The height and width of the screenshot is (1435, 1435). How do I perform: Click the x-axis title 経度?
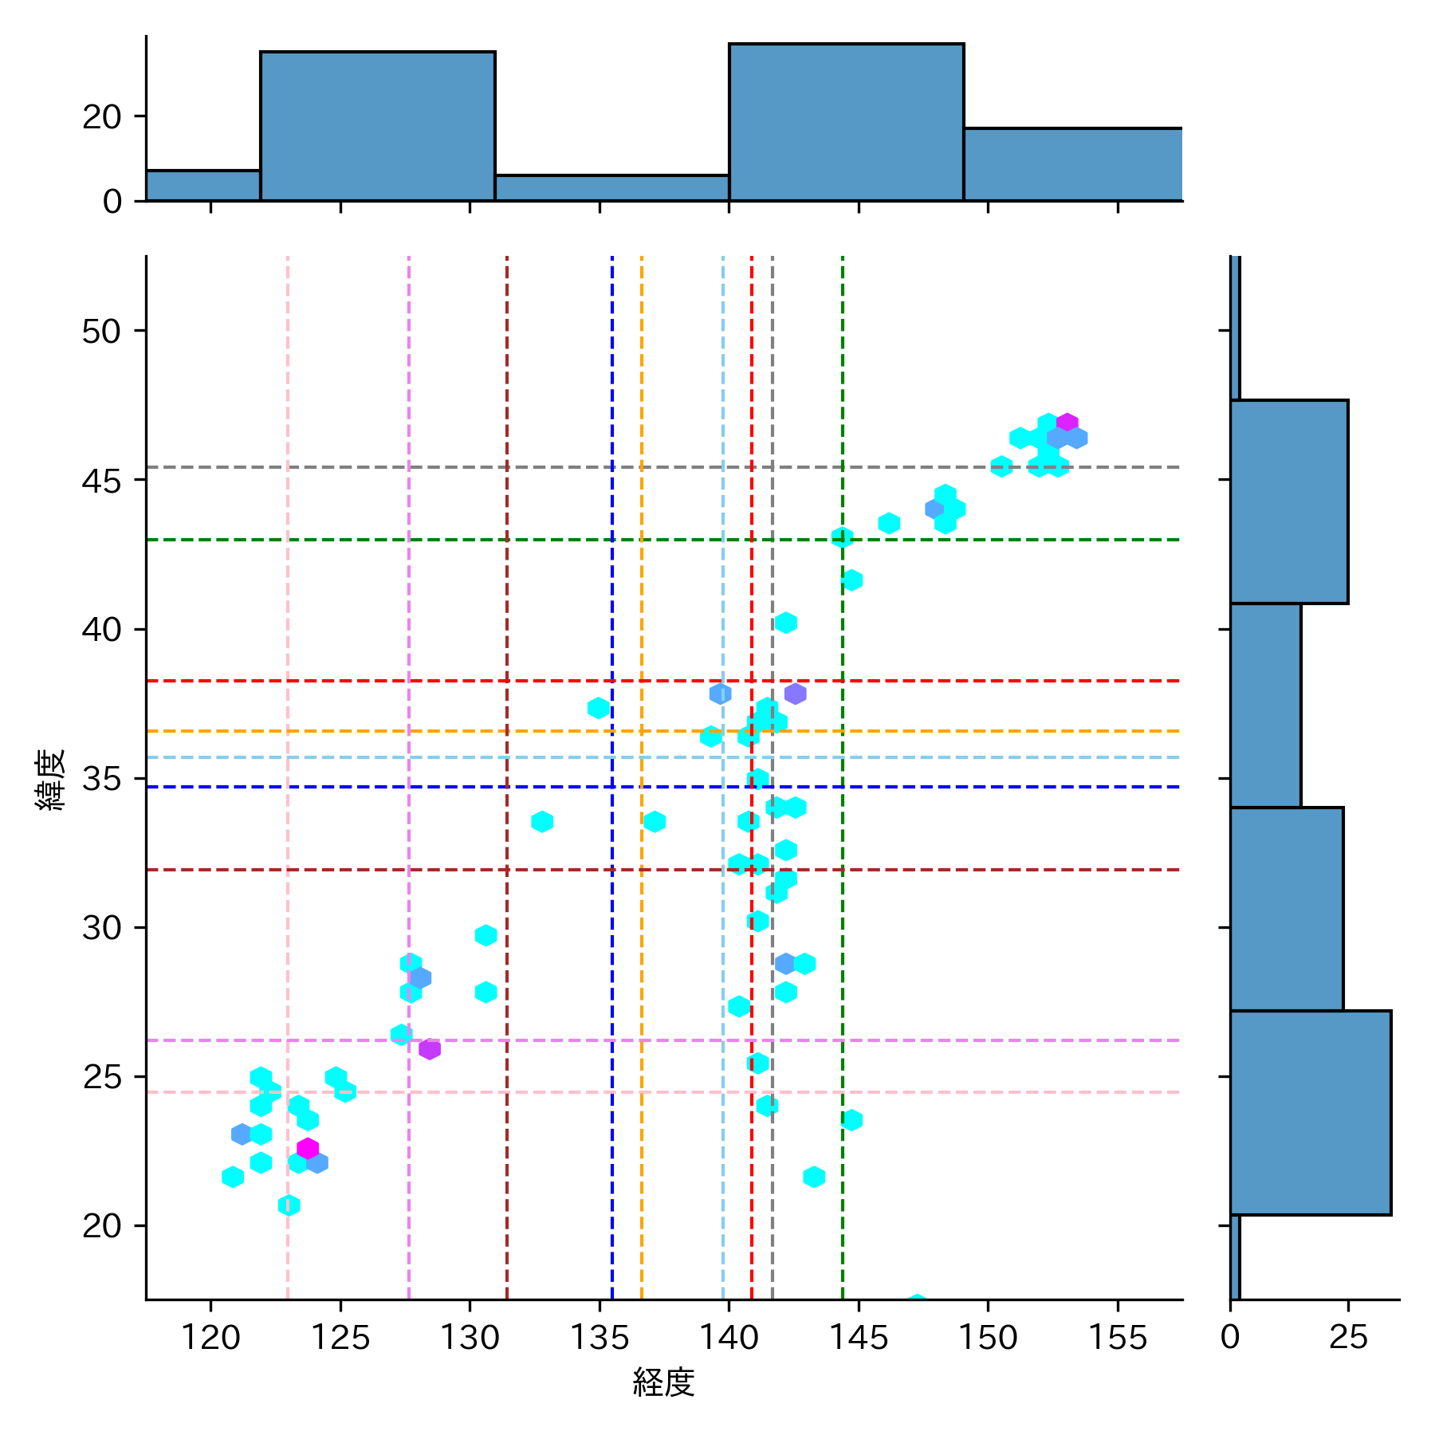(663, 1382)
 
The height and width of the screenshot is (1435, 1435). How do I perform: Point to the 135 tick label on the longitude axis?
(600, 1338)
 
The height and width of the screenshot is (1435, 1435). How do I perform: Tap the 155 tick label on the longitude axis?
(1118, 1338)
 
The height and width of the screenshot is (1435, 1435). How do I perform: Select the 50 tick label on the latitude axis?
(102, 331)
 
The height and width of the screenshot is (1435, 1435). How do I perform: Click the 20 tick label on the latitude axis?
(102, 1225)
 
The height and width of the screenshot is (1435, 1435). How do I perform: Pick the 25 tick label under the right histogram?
(1348, 1338)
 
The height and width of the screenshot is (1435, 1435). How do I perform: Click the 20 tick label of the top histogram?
(102, 117)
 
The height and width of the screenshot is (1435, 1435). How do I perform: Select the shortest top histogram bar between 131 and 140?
(611, 188)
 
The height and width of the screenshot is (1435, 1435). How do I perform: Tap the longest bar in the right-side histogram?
(1310, 1112)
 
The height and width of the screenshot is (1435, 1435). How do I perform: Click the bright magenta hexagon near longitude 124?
(308, 1149)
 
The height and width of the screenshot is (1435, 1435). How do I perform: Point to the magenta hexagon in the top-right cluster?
(1067, 423)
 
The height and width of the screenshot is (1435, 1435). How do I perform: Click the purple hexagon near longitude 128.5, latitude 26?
(430, 1049)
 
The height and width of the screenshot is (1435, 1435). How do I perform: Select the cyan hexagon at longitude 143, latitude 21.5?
(814, 1177)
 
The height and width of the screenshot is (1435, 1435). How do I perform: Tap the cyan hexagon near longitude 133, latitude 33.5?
(542, 821)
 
